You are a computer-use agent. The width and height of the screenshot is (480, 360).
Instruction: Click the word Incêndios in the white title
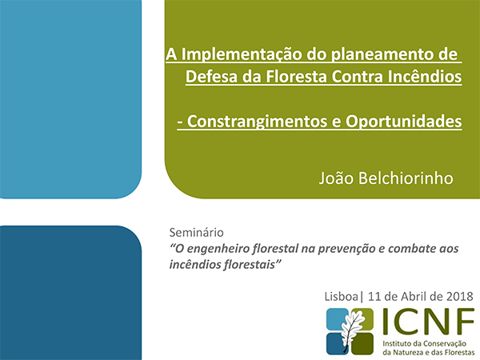point(425,76)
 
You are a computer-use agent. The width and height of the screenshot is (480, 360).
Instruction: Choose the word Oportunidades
point(404,122)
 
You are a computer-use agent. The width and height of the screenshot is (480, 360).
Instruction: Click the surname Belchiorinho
point(406,178)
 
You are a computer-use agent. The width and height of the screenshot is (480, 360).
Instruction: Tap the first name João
point(336,178)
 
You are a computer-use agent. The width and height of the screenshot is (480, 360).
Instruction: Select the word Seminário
point(197,233)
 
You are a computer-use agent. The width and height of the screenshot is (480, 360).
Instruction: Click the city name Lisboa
point(341,297)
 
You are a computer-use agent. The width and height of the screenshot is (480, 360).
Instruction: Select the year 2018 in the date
point(460,297)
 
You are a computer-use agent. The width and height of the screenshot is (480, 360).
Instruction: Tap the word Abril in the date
point(414,297)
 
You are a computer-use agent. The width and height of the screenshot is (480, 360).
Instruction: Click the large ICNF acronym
point(428,321)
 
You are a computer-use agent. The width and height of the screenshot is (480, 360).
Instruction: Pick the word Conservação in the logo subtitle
point(445,344)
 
